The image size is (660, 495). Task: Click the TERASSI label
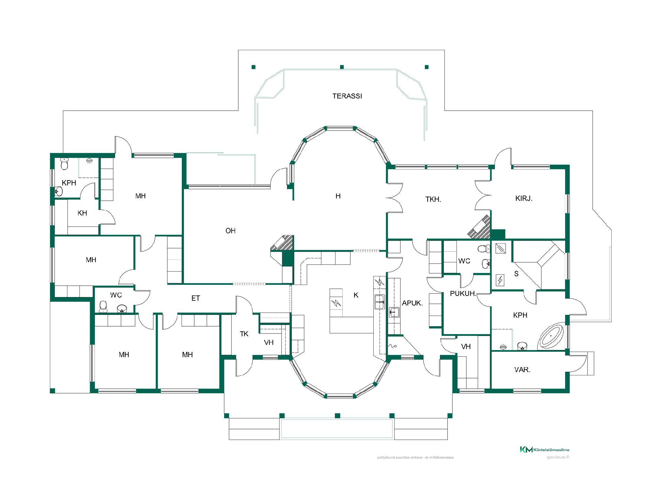[347, 96]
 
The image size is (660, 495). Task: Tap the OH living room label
[230, 231]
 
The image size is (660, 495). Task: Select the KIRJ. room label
[524, 198]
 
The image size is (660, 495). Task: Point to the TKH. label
[433, 199]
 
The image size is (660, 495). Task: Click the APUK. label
[412, 303]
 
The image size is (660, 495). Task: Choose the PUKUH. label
[463, 294]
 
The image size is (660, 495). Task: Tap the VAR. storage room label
[522, 370]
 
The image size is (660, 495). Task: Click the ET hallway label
[196, 298]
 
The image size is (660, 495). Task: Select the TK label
[244, 334]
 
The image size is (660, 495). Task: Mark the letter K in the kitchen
[356, 295]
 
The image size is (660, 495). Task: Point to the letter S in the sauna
[516, 274]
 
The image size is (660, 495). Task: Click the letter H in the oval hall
[338, 196]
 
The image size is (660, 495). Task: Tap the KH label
[82, 213]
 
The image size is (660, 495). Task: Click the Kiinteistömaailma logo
[544, 449]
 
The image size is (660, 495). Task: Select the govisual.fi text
[558, 457]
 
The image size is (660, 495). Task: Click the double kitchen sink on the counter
[379, 302]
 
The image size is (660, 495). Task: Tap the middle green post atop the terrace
[342, 67]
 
